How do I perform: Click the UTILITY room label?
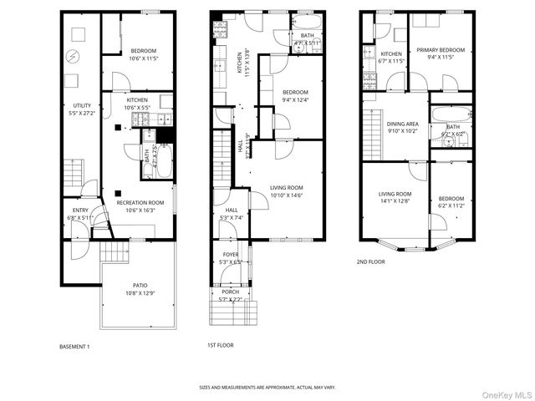click(x=82, y=105)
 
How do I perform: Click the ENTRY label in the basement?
click(x=80, y=211)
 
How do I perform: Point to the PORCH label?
click(x=230, y=292)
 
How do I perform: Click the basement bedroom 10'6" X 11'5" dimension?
click(x=144, y=58)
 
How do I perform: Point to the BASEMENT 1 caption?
click(x=74, y=346)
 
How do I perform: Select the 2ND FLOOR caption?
click(x=371, y=261)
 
